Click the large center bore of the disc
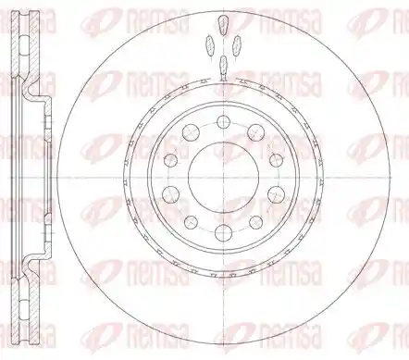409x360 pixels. click(x=224, y=178)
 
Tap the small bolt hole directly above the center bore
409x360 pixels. click(x=224, y=122)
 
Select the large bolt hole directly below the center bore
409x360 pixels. click(x=224, y=233)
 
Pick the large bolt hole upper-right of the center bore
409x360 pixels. click(x=256, y=132)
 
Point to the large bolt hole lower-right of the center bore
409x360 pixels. click(x=276, y=194)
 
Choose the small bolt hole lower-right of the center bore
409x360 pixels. click(x=256, y=222)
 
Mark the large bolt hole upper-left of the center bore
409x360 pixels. click(x=191, y=132)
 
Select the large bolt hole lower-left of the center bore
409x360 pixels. click(x=171, y=194)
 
